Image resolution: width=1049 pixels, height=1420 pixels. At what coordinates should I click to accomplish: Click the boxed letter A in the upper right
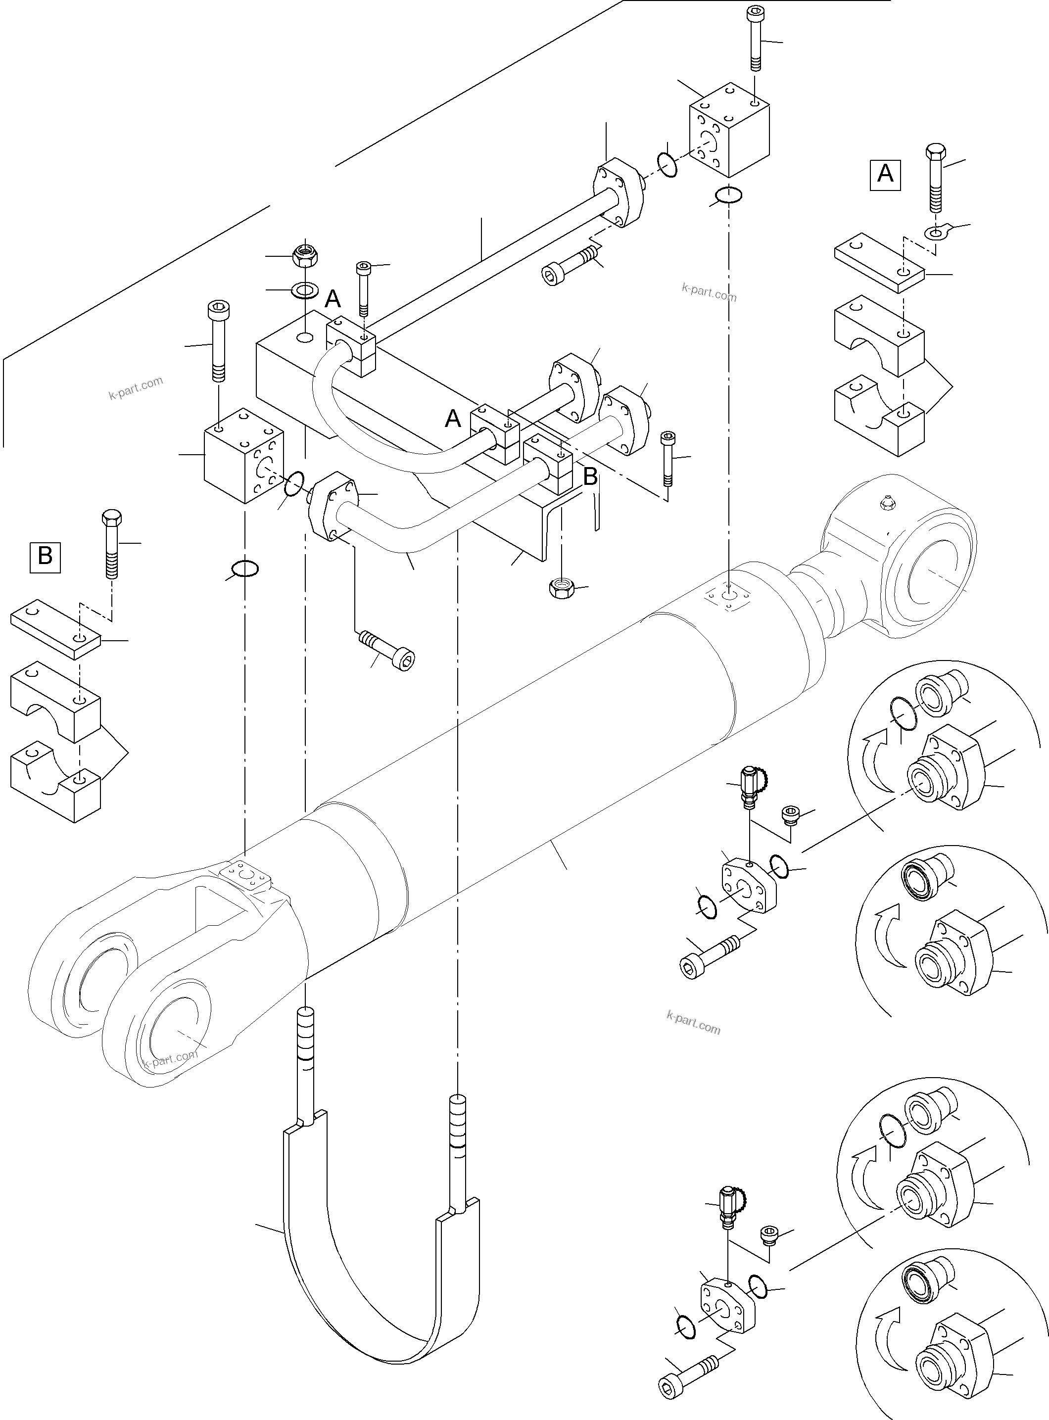[x=885, y=173]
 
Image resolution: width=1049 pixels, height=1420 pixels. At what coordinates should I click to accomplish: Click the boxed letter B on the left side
[x=45, y=556]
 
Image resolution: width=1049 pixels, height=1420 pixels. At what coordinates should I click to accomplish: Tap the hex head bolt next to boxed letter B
[x=110, y=543]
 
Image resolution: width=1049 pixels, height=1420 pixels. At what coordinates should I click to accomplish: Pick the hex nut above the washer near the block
[x=305, y=255]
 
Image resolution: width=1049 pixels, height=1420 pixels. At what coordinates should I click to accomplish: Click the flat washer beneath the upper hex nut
[x=305, y=290]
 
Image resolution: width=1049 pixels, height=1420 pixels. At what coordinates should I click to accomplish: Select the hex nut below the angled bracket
[x=561, y=588]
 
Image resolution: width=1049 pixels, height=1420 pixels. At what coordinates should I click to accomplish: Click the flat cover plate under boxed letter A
[x=879, y=265]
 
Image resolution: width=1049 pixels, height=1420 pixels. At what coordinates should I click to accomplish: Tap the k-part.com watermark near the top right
[x=709, y=292]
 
